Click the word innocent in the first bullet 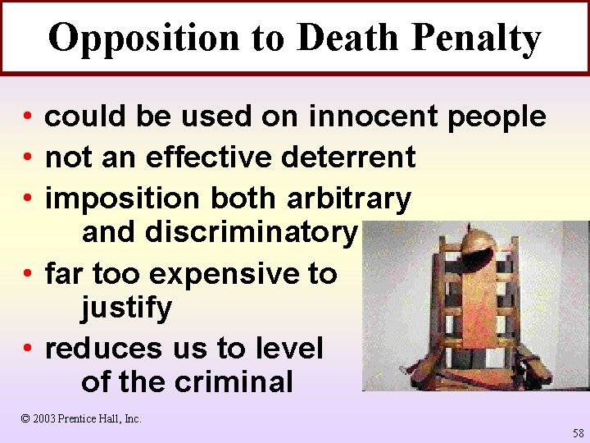[374, 116]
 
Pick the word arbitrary [349, 198]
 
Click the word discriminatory [251, 233]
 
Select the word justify [126, 308]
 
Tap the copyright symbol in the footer [25, 418]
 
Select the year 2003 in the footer [45, 418]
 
